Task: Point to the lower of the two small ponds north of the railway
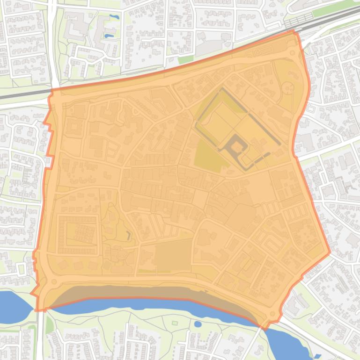109,36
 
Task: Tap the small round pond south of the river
198,324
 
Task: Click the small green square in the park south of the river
175,323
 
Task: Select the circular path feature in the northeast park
287,87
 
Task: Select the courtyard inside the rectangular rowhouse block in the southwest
78,234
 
